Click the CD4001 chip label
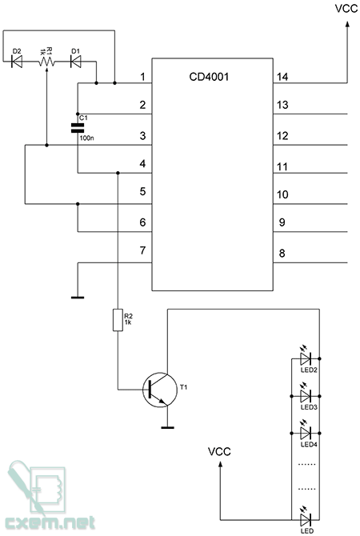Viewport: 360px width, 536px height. coord(209,77)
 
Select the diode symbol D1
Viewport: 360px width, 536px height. coord(76,62)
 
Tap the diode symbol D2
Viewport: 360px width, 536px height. coord(17,62)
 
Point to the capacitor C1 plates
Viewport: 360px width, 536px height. coord(78,128)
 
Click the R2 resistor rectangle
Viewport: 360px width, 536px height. coord(118,320)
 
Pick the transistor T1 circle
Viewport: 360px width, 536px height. coord(160,390)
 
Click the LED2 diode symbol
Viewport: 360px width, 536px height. coord(305,358)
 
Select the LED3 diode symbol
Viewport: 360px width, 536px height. coord(305,396)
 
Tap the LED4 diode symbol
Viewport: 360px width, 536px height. coord(305,433)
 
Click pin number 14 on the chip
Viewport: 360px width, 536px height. coord(282,77)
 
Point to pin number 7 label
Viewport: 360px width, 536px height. coord(143,250)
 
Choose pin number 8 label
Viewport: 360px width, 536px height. coord(282,254)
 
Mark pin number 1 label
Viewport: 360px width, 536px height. coord(143,77)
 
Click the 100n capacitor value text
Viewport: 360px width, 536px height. coord(87,138)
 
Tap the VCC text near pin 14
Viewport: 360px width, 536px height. coord(346,9)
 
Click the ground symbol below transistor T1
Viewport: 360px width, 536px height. coord(167,427)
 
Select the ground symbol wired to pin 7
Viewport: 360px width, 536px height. coord(78,298)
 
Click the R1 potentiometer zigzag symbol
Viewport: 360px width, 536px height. coord(46,62)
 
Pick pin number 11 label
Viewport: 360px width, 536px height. coord(282,167)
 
